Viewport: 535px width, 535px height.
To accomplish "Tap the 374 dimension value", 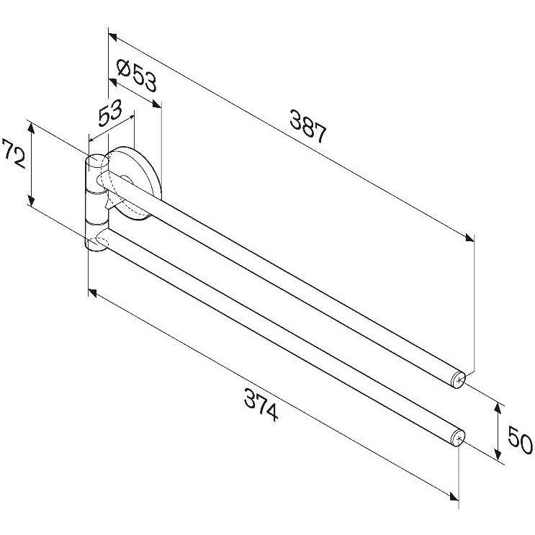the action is [x=261, y=405].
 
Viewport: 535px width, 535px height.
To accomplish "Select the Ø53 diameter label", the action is [x=137, y=76].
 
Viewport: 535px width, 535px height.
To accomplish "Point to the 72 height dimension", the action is [x=14, y=153].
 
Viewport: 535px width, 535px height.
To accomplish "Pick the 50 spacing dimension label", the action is [x=520, y=441].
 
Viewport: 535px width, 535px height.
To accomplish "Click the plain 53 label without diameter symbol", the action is [x=110, y=112].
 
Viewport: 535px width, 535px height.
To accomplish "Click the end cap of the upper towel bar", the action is [x=457, y=379].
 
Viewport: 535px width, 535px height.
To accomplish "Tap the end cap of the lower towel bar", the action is [x=457, y=438].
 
